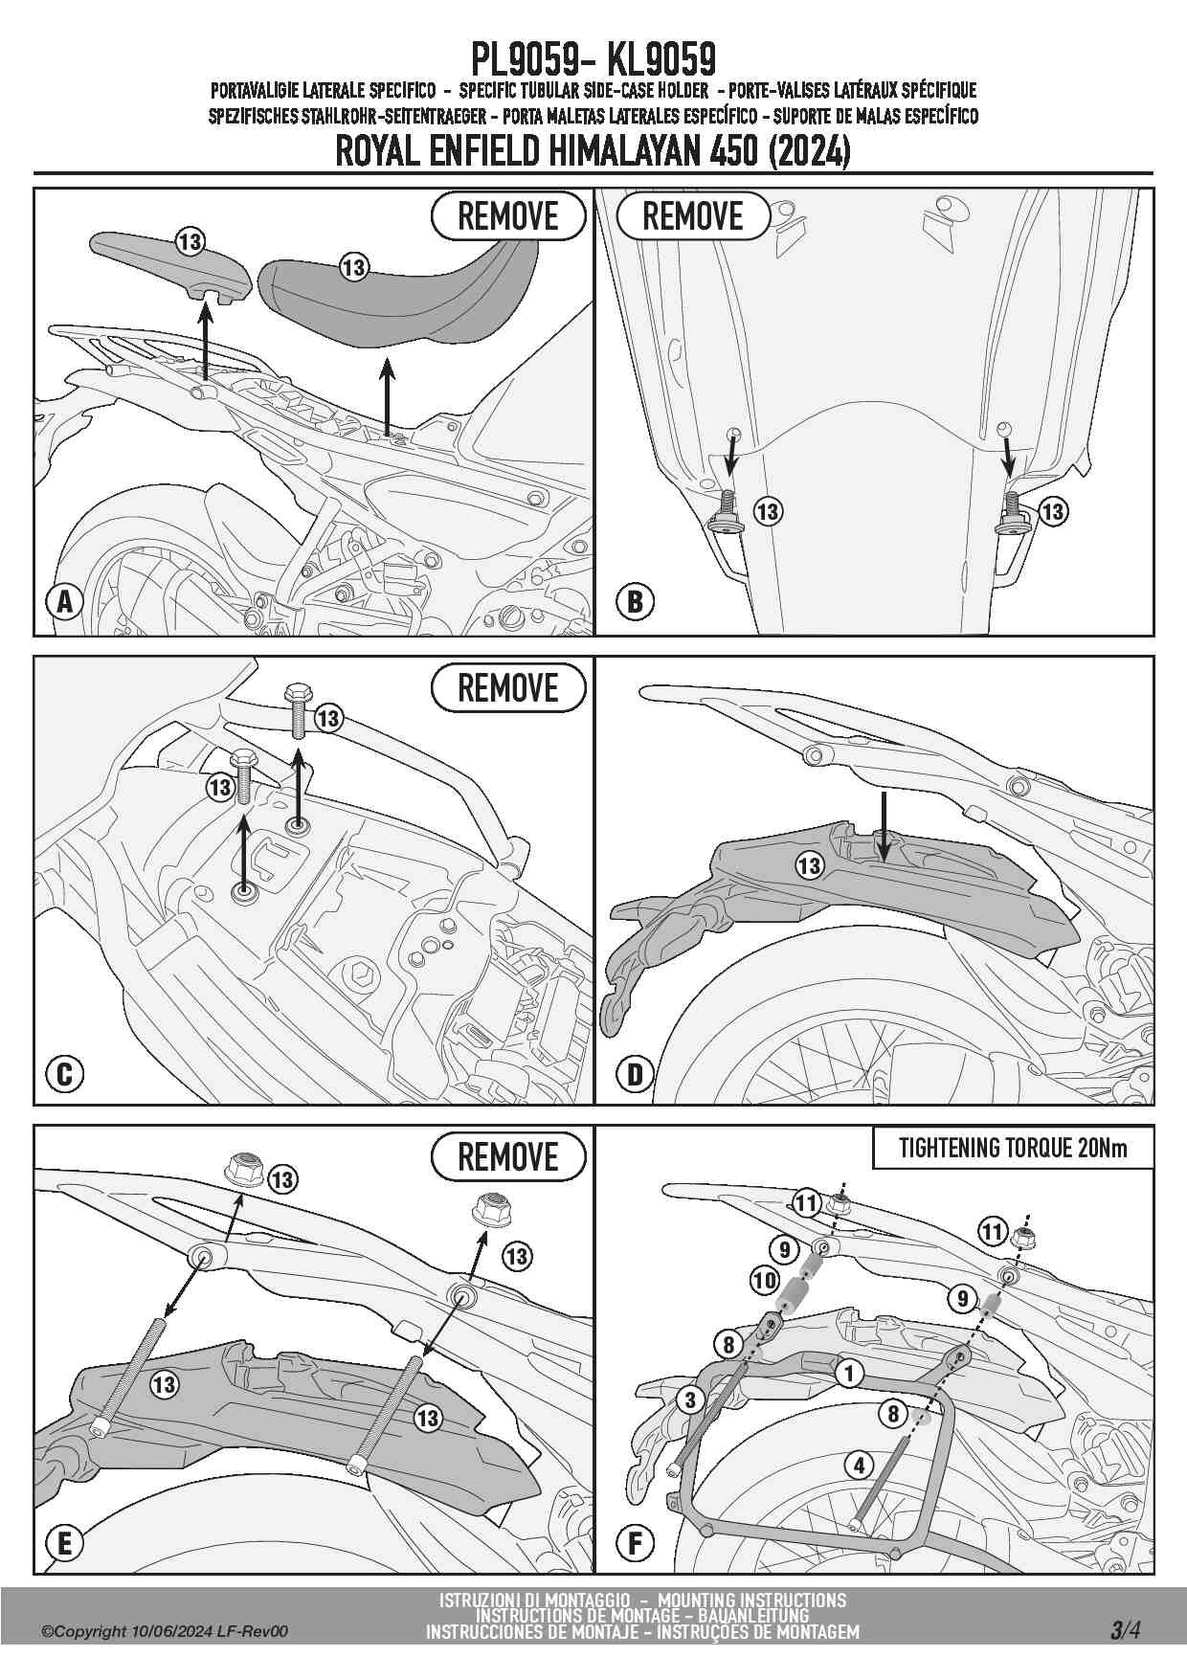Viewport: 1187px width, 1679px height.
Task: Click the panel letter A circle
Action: click(65, 602)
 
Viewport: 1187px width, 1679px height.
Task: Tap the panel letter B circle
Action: click(635, 602)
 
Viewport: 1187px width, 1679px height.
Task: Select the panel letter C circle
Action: click(65, 1073)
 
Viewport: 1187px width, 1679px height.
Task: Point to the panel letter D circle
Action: click(635, 1073)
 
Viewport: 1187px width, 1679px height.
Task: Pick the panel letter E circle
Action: click(65, 1543)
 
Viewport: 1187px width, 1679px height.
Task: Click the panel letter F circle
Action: click(635, 1543)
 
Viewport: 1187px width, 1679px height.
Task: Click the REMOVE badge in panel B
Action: click(693, 216)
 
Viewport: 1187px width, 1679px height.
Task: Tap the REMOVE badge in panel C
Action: click(508, 687)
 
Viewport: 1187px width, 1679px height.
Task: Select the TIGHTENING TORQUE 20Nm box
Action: click(1013, 1149)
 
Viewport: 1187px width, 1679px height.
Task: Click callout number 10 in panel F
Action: click(764, 1280)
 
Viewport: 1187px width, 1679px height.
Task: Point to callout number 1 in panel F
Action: click(849, 1374)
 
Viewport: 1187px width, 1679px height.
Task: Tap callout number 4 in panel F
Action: click(859, 1465)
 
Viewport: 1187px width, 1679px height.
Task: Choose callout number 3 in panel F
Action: click(691, 1400)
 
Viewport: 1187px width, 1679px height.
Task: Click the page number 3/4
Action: click(1126, 1629)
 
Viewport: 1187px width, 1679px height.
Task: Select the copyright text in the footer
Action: click(164, 1631)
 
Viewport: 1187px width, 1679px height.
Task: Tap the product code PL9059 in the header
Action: click(525, 59)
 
